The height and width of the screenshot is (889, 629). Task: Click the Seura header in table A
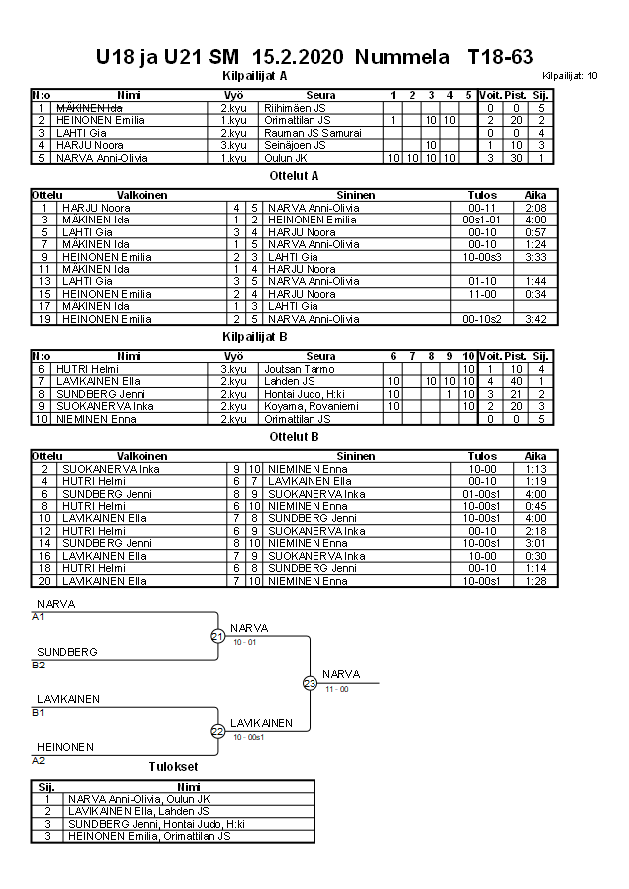(319, 95)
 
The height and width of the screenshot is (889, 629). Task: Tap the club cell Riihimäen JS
(290, 108)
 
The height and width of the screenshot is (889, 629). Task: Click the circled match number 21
(217, 636)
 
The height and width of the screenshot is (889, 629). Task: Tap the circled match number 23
(310, 683)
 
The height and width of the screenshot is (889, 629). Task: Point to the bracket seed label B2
(39, 665)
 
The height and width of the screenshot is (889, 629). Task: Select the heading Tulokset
(173, 767)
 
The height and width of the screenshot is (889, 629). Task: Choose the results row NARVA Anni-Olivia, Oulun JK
(139, 799)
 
